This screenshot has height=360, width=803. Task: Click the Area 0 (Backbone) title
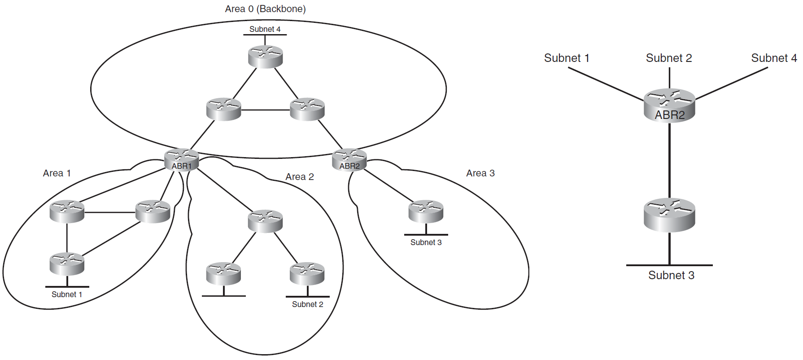click(265, 9)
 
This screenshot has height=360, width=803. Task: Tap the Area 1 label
click(57, 173)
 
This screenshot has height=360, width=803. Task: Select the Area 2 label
click(300, 177)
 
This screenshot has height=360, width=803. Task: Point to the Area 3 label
click(480, 173)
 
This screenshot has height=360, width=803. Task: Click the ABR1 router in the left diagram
click(181, 159)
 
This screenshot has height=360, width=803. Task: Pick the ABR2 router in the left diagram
click(349, 159)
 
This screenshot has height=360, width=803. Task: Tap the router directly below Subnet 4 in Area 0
click(265, 57)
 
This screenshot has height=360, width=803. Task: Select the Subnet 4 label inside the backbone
click(265, 29)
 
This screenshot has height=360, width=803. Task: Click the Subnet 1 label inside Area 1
click(67, 294)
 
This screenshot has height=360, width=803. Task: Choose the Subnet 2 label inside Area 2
click(307, 304)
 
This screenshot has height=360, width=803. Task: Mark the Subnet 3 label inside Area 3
click(426, 242)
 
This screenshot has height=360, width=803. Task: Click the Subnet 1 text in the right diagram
click(567, 58)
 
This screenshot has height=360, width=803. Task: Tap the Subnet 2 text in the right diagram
click(669, 58)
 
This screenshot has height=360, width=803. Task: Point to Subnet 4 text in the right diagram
click(774, 58)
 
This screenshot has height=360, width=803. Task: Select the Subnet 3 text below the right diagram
click(671, 275)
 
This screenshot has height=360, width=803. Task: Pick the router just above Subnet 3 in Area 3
click(426, 211)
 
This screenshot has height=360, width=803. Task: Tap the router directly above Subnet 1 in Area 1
click(67, 263)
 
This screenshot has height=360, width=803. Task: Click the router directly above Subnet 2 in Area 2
click(307, 273)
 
